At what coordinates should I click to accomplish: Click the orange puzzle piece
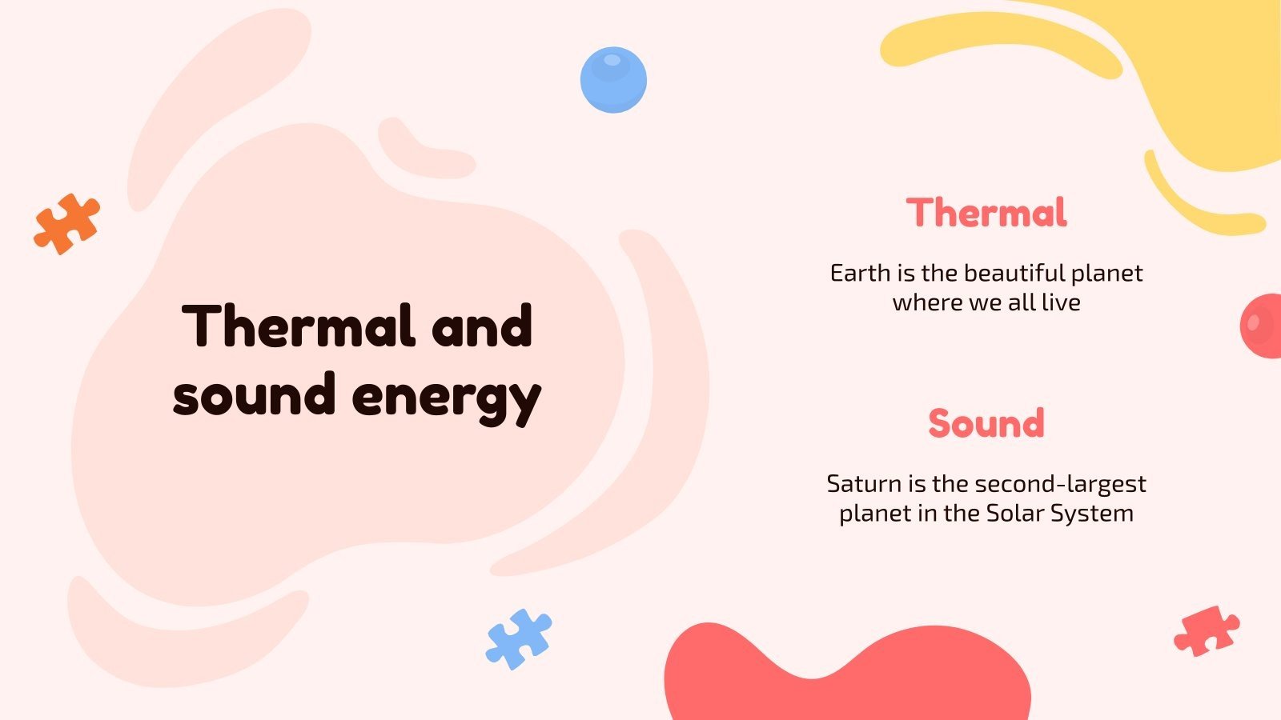point(67,223)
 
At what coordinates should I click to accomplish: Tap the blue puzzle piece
point(518,638)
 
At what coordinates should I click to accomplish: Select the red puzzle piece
point(1206,631)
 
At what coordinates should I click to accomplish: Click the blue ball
point(613,79)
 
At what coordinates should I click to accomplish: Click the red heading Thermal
point(986,213)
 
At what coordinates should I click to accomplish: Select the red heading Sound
point(986,423)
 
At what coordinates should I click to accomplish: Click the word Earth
point(860,274)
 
